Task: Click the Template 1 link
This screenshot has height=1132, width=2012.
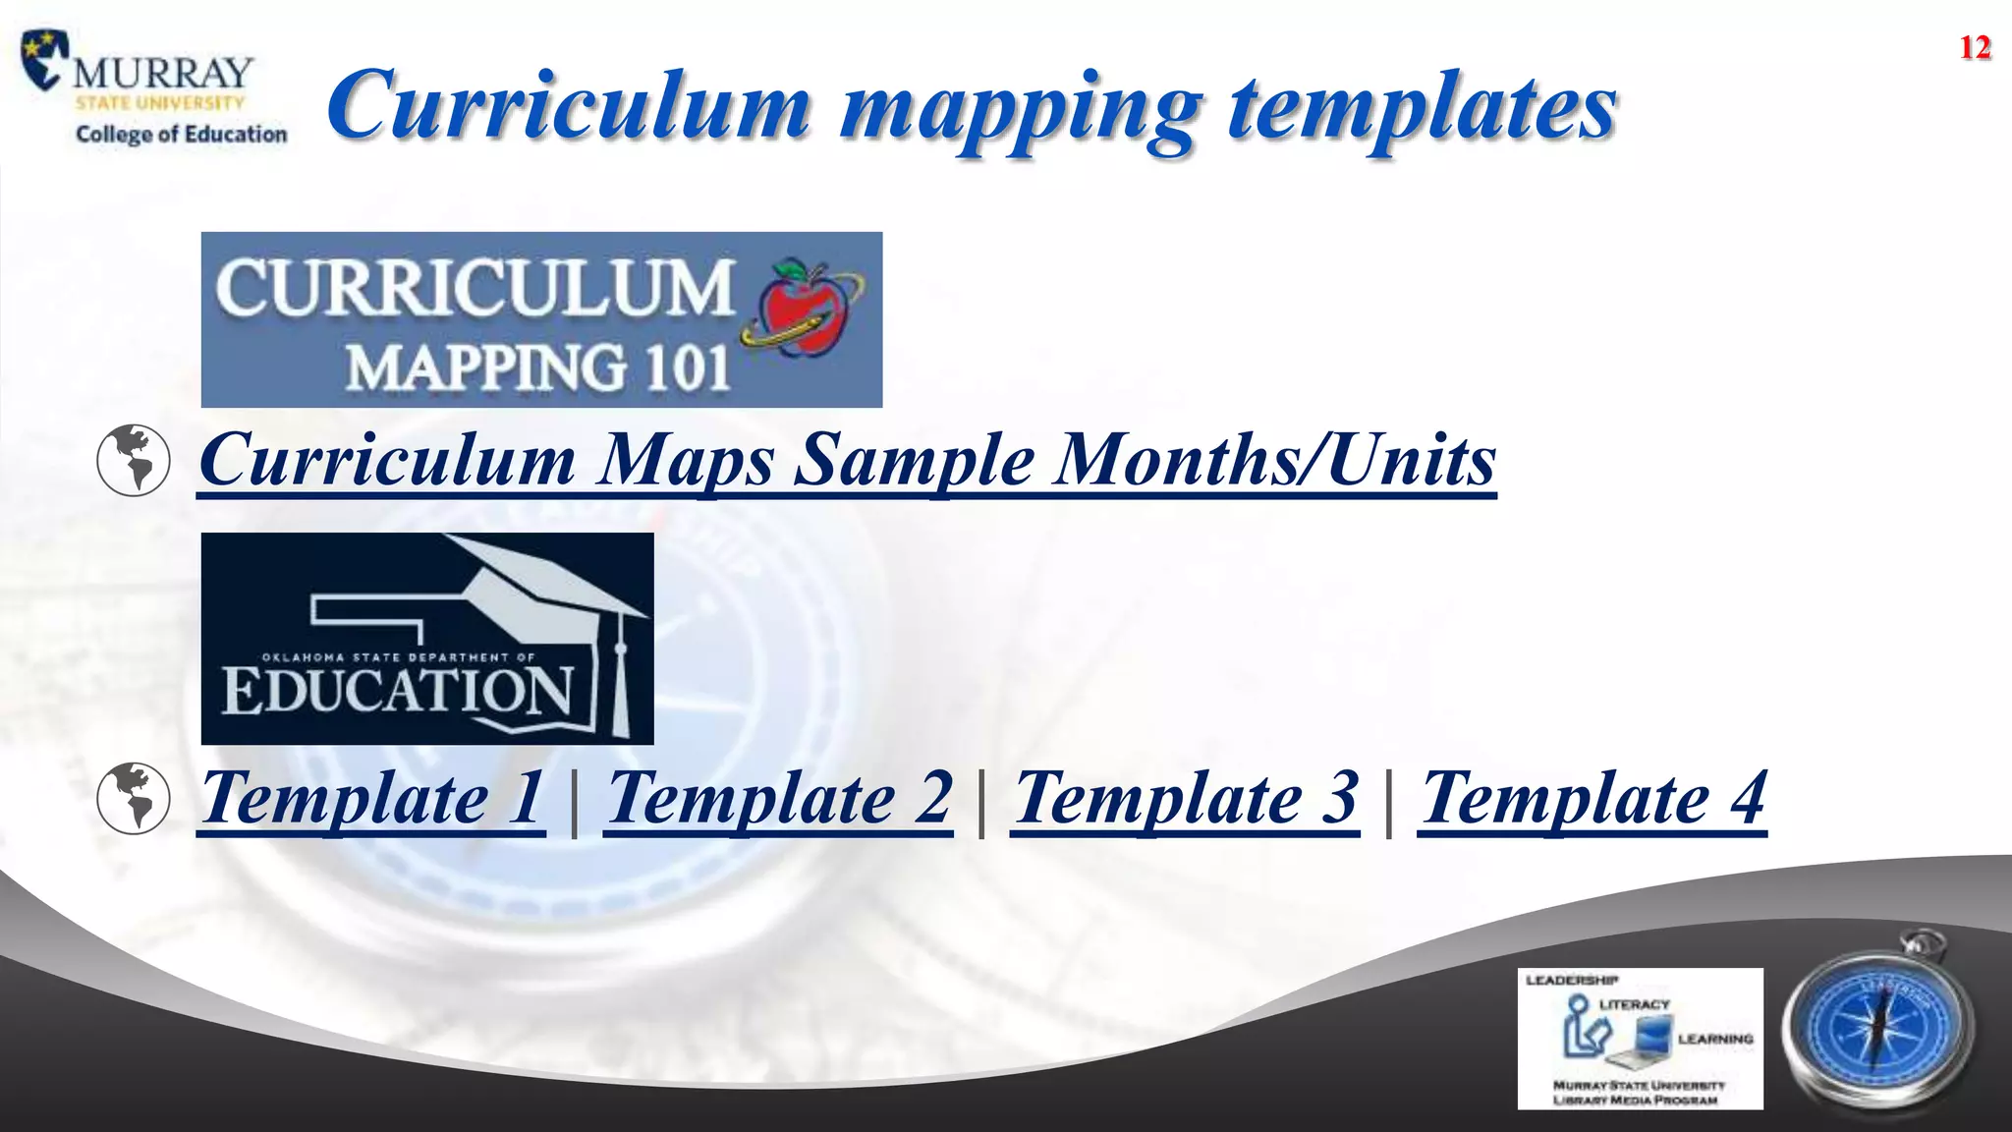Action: (371, 798)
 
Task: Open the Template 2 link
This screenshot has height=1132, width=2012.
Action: (779, 798)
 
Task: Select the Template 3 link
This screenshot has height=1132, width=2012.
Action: (1186, 798)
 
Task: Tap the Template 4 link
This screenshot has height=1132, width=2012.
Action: (1593, 798)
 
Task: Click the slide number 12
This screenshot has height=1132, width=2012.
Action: (1975, 47)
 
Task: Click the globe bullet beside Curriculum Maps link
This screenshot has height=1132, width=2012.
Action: (134, 460)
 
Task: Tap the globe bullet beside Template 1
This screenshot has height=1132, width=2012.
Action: (134, 798)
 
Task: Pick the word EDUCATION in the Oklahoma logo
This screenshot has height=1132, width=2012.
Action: (397, 690)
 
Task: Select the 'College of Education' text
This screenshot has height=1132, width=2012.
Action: (182, 134)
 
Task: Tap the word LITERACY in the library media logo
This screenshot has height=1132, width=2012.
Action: (1635, 1004)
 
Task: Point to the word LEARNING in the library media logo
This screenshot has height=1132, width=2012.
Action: (1715, 1039)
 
